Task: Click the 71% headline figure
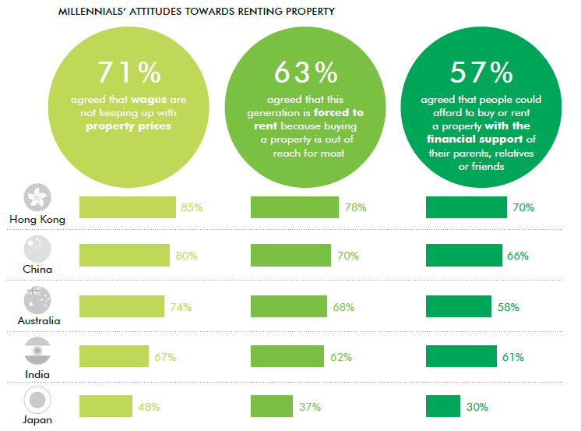click(x=129, y=72)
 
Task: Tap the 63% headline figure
click(x=305, y=72)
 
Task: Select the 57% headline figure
click(x=481, y=72)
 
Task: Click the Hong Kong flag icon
click(x=37, y=198)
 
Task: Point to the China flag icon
click(x=37, y=249)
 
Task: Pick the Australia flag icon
click(x=37, y=299)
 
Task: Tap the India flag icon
click(x=37, y=350)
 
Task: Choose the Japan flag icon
click(x=37, y=401)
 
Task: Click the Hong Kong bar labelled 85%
click(x=128, y=207)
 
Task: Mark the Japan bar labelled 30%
click(x=443, y=406)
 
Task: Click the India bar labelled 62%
click(x=287, y=357)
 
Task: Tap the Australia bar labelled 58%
click(x=459, y=307)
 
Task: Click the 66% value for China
click(x=518, y=256)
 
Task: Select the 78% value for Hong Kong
click(x=355, y=207)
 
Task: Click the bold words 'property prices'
click(x=129, y=125)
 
